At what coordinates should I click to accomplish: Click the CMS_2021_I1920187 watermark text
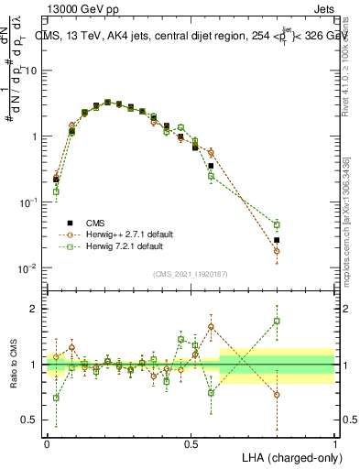[x=191, y=273]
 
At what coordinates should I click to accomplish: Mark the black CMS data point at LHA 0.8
[x=277, y=240]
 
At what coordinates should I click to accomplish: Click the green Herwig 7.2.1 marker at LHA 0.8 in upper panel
[x=277, y=224]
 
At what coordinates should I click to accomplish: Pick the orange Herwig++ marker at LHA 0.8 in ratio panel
[x=277, y=395]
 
